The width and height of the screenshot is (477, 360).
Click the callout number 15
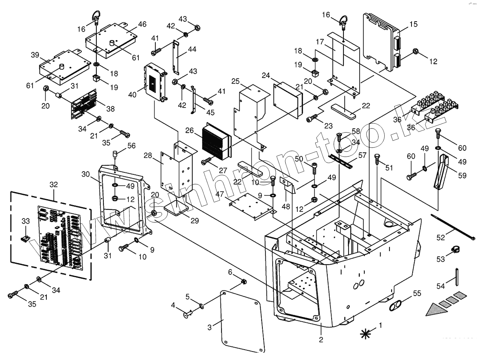(x=413, y=24)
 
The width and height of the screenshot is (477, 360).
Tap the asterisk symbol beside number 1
(x=365, y=333)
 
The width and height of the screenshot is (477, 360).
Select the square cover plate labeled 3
(x=243, y=321)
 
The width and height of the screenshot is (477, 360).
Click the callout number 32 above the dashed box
(x=54, y=184)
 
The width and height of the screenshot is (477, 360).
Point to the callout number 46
(x=142, y=24)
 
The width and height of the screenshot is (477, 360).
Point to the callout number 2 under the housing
(x=321, y=339)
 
